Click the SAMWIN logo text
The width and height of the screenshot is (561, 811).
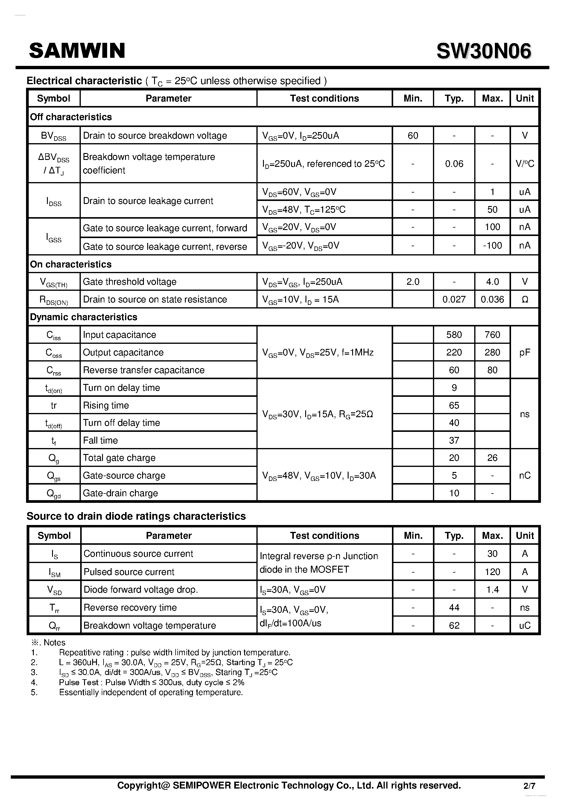77,51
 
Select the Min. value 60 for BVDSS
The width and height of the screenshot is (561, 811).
413,135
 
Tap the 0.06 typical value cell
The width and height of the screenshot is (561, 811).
454,164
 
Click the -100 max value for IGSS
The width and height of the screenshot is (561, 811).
492,245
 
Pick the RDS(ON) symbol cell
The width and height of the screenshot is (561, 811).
54,300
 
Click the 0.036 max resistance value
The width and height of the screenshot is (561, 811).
492,299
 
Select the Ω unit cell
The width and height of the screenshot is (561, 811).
524,299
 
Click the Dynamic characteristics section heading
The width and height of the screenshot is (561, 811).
84,317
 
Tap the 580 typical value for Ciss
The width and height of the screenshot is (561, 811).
454,335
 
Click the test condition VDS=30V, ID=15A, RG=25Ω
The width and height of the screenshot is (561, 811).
317,414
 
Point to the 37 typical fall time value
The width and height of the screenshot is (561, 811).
454,440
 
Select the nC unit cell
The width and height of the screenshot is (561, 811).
524,475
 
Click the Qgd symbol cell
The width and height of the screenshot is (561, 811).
54,494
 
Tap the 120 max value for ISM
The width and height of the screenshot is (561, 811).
492,572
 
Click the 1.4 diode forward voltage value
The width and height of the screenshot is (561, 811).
492,589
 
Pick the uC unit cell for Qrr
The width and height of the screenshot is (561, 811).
524,625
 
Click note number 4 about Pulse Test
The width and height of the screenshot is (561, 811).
151,682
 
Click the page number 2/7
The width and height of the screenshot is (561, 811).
529,786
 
